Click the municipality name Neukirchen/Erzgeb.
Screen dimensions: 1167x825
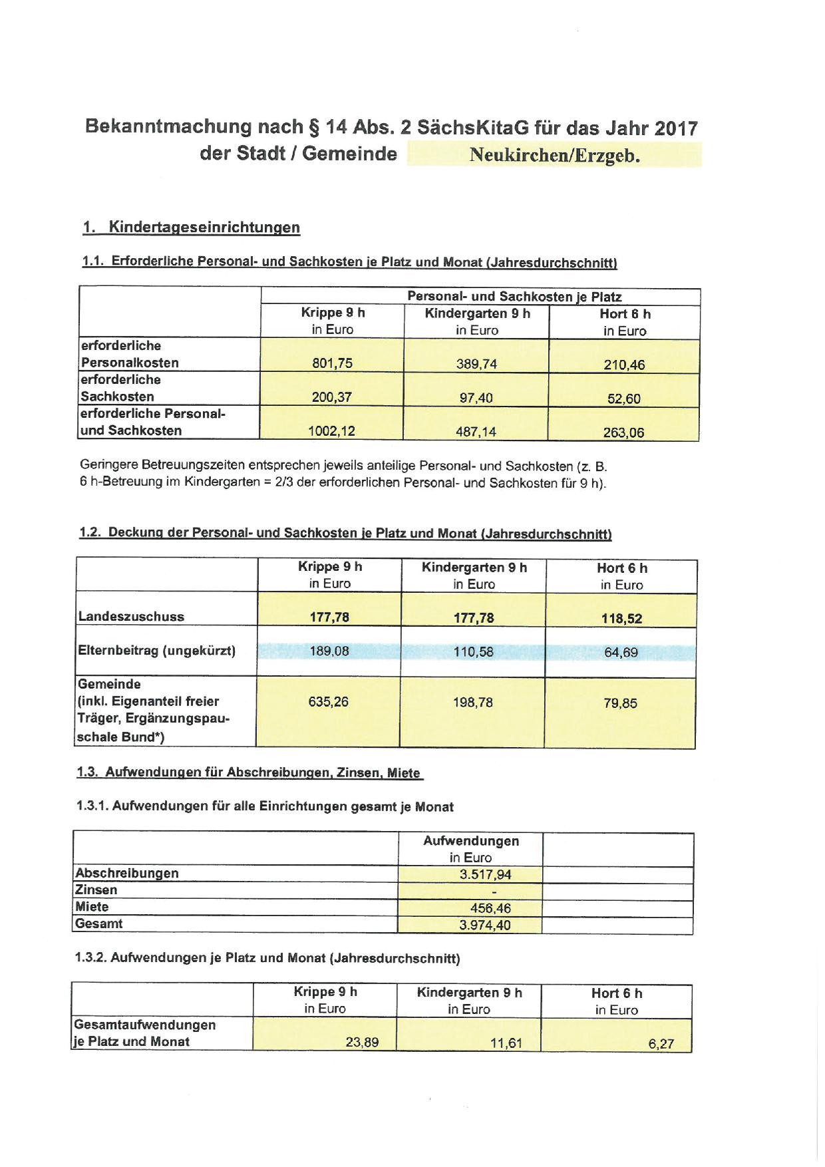point(554,156)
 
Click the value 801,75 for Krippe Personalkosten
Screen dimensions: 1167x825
point(332,363)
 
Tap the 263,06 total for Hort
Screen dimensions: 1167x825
point(623,432)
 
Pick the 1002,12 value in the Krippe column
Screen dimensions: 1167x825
point(331,431)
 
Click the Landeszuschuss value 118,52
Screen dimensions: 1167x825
point(621,618)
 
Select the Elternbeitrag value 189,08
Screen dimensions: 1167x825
point(329,651)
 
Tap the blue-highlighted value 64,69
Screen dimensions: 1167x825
point(621,653)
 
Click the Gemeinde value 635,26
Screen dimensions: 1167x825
point(329,701)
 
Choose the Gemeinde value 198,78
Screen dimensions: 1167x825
point(473,702)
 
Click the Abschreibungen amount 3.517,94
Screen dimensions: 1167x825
point(485,875)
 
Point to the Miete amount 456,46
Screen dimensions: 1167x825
point(490,908)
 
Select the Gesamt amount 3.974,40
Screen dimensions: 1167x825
point(485,925)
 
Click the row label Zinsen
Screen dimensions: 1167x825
point(96,890)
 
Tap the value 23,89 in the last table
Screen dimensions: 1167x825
point(362,1042)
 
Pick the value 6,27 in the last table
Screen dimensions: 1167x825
point(661,1044)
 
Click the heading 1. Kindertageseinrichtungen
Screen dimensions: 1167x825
point(192,228)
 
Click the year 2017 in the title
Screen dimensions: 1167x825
point(675,128)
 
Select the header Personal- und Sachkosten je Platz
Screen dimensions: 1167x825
point(514,297)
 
